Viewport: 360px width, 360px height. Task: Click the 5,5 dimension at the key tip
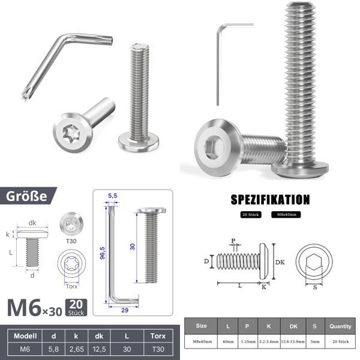tap(112, 196)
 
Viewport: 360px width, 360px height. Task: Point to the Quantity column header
tap(340, 326)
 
